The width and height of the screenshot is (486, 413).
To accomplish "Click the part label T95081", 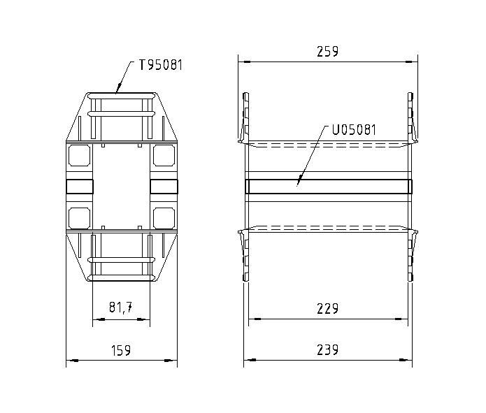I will pos(161,66).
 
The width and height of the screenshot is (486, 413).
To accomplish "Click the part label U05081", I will pos(355,129).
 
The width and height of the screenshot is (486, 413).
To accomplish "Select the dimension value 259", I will pos(327,51).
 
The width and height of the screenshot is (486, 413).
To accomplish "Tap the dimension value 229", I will pos(327,308).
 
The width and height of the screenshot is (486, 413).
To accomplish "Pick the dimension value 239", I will pos(327,350).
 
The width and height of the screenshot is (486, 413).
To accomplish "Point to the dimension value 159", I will pos(121,350).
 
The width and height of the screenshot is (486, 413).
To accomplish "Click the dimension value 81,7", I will pos(121,308).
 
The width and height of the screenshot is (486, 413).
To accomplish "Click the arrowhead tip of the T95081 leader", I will pos(117,92).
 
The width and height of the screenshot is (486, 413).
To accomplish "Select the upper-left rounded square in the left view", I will pos(79,154).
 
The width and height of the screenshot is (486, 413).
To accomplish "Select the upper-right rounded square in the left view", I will pos(164,154).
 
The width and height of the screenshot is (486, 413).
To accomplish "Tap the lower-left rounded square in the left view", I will pos(79,217).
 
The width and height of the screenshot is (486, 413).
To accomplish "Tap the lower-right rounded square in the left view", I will pos(164,217).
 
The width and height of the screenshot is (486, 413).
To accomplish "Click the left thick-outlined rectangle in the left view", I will pos(79,186).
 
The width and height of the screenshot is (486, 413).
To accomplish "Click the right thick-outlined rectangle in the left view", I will pos(164,186).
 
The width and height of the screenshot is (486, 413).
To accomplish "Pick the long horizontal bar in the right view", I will pos(328,186).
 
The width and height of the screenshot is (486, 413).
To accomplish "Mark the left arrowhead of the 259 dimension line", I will pos(240,61).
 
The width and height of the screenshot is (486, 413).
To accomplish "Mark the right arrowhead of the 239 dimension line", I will pos(410,361).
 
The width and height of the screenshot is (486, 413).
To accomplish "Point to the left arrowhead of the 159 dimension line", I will pos(68,361).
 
